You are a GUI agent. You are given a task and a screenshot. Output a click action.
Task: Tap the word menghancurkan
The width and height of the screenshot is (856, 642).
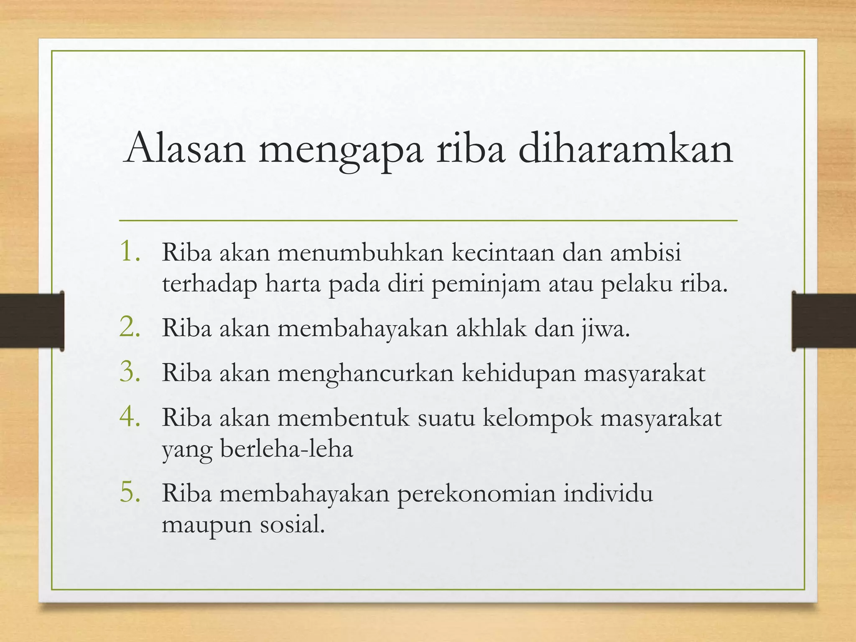(365, 372)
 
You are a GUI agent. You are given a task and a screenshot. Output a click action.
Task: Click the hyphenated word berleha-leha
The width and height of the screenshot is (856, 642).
(286, 449)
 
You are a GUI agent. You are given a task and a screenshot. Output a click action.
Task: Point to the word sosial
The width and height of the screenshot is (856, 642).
(292, 524)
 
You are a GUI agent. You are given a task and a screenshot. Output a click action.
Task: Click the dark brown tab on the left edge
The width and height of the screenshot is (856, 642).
(32, 321)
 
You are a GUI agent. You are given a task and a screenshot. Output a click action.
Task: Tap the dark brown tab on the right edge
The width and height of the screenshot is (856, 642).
(824, 321)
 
